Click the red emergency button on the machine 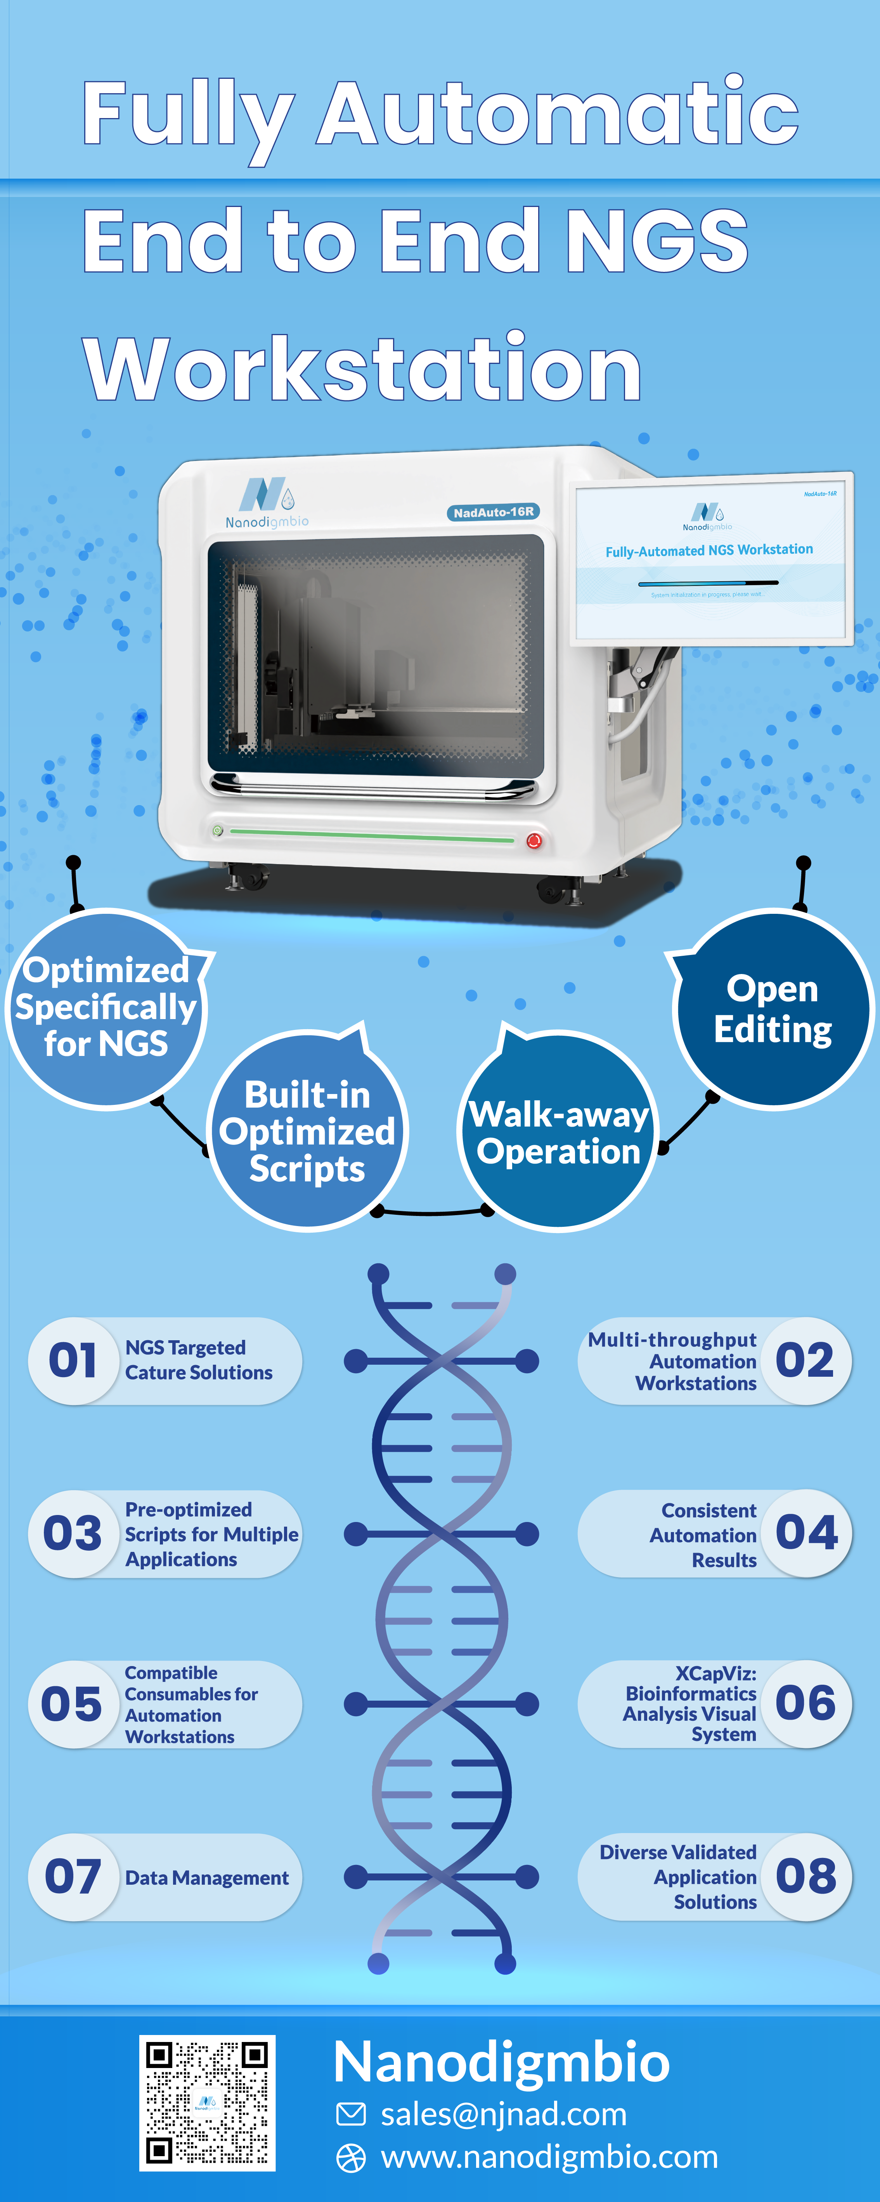coord(534,840)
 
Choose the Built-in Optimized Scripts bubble coord(308,1131)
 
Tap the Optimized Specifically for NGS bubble coord(106,1009)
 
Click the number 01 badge coord(73,1360)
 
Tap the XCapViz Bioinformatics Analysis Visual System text coord(690,1704)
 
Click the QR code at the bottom coord(208,2103)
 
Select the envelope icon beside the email coord(350,2114)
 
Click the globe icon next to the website coord(350,2158)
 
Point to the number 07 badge coord(73,1877)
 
